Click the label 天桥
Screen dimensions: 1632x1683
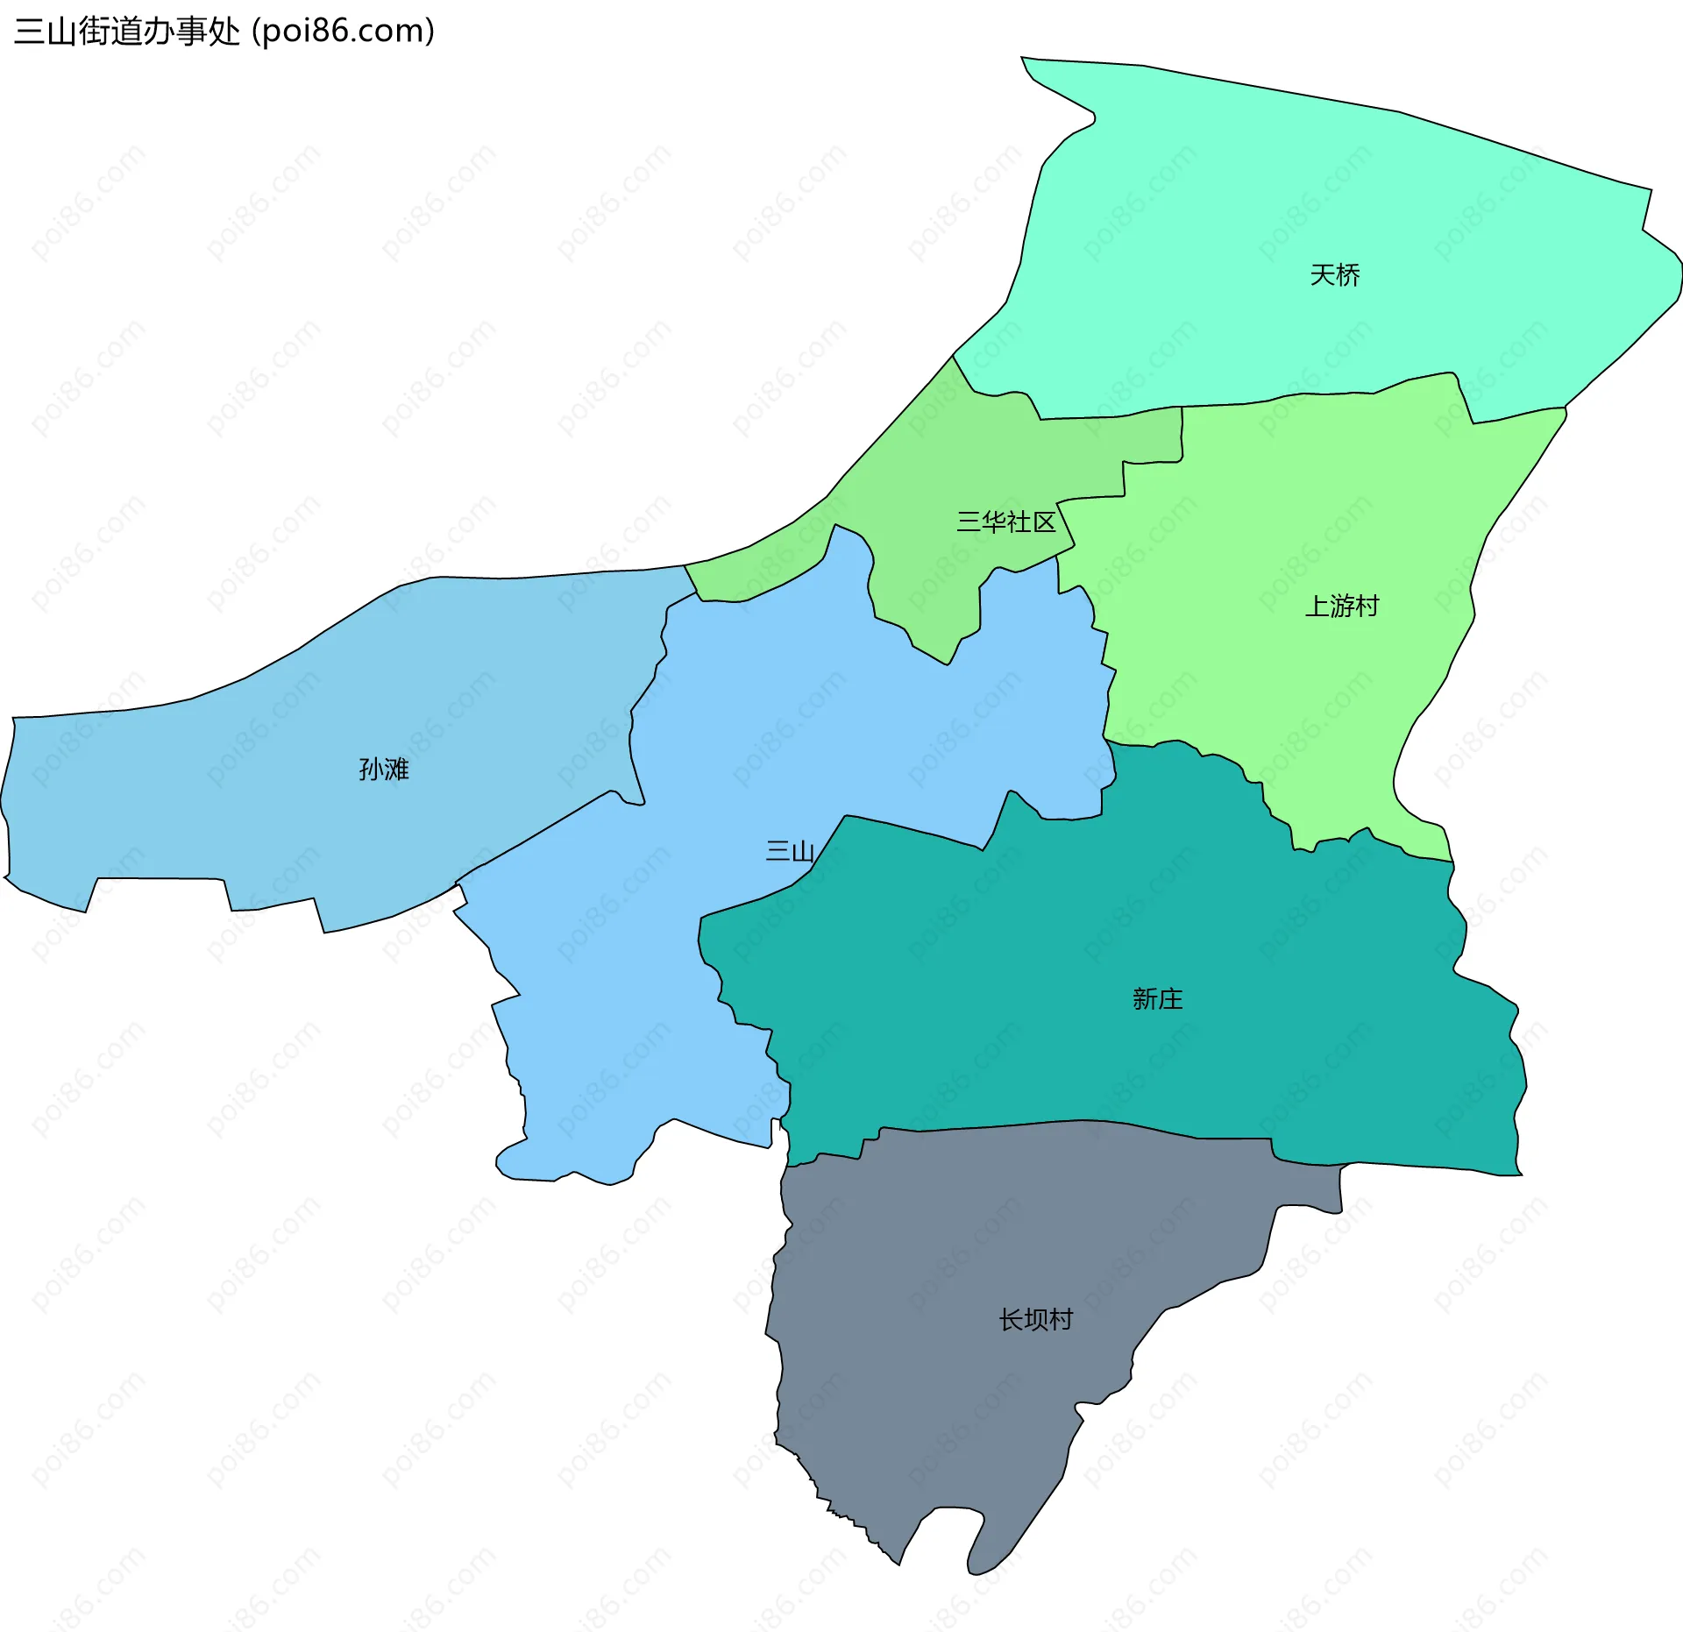pyautogui.click(x=1334, y=275)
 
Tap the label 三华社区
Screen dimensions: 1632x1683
pyautogui.click(x=1005, y=522)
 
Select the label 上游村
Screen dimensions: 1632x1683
pyautogui.click(x=1341, y=606)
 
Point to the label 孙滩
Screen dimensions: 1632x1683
pyautogui.click(x=383, y=770)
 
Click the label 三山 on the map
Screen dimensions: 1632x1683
pyautogui.click(x=790, y=851)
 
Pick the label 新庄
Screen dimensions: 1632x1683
pyautogui.click(x=1157, y=999)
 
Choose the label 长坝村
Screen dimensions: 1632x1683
pyautogui.click(x=1035, y=1320)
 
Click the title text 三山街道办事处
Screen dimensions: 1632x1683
pyautogui.click(x=126, y=32)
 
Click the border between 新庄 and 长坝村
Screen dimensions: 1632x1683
pyautogui.click(x=1052, y=1122)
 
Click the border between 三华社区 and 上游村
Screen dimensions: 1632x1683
pyautogui.click(x=1125, y=479)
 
